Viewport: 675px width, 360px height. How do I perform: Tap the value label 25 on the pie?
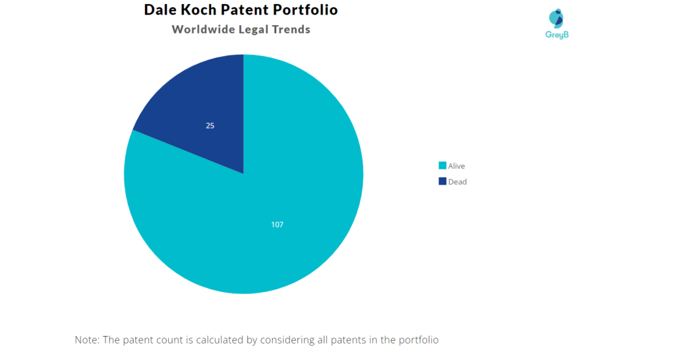[210, 125]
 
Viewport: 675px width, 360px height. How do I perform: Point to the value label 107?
[277, 225]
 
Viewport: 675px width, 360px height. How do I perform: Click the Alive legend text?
[456, 166]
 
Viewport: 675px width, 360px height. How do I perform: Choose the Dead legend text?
[457, 182]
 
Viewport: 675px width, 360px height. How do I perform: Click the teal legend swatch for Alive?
[442, 166]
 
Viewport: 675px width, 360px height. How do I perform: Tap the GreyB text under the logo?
[557, 34]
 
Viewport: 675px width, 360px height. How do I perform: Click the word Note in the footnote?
[88, 340]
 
